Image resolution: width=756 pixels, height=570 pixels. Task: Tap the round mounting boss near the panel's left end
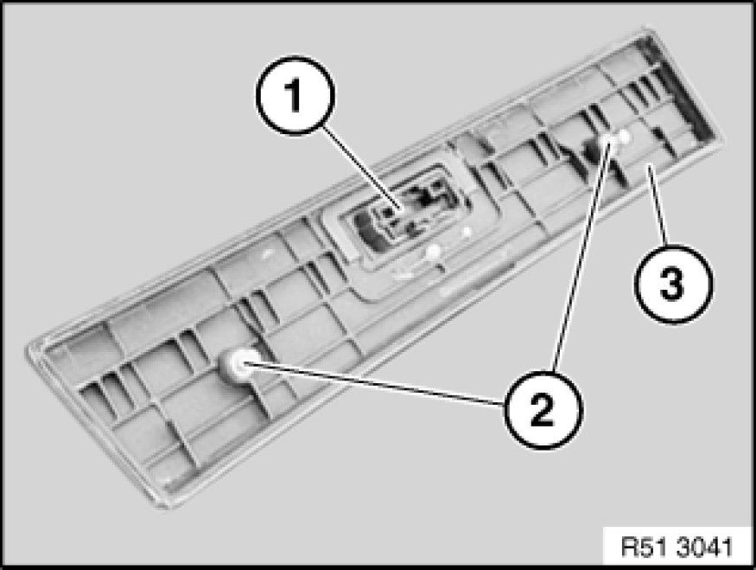[x=238, y=368]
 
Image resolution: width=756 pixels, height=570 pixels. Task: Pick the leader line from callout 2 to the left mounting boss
[x=372, y=386]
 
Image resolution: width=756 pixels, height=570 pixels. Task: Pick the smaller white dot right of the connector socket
[x=466, y=231]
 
